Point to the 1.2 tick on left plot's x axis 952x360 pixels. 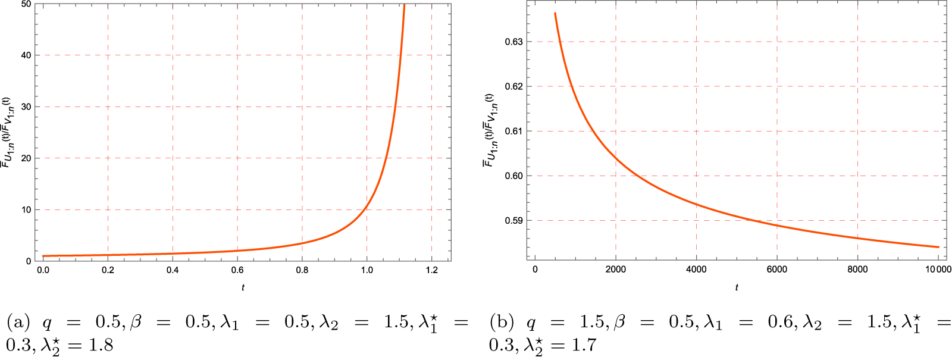[x=432, y=270]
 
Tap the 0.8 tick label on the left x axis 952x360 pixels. [x=302, y=270]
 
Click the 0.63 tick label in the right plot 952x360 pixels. [x=514, y=42]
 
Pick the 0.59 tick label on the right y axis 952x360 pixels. [x=514, y=220]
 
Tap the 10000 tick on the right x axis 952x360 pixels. [x=938, y=270]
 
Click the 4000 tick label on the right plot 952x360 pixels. [x=696, y=270]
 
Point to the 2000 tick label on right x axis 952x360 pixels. [x=616, y=270]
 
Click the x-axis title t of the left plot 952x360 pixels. [x=243, y=287]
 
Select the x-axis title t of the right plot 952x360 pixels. [x=737, y=287]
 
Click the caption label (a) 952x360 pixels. [x=18, y=323]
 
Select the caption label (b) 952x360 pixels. [x=502, y=323]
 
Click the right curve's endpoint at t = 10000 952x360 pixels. [x=938, y=247]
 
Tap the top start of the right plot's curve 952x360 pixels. [x=555, y=13]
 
